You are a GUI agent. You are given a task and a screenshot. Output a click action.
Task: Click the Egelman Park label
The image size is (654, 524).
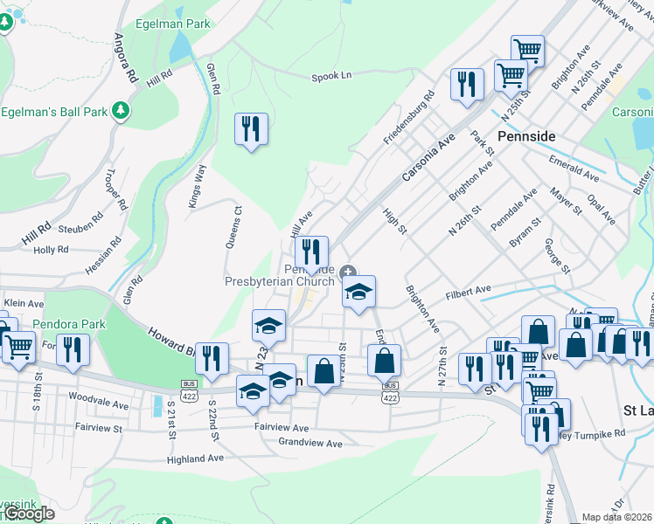point(172,24)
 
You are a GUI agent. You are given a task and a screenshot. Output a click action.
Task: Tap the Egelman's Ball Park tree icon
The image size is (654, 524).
point(123,112)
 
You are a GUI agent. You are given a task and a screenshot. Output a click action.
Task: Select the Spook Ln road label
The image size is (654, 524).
point(331,77)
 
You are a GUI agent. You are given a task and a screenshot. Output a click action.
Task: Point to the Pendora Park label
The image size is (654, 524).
point(69,324)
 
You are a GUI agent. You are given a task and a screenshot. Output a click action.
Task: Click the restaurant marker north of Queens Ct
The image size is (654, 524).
point(251,129)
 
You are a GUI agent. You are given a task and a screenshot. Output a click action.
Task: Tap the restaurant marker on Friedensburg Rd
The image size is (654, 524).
point(467,84)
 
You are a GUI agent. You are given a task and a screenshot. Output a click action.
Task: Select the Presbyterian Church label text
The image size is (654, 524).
point(279,281)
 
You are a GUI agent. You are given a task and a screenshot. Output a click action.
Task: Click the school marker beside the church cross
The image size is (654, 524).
point(358,293)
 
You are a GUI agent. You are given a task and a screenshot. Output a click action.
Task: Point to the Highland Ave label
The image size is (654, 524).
point(196,458)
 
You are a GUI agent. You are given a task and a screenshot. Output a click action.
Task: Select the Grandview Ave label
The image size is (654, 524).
point(310,444)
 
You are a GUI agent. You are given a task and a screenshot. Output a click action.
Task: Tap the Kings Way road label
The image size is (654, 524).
point(197,186)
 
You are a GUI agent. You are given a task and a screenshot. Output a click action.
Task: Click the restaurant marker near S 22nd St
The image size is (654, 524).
point(212,358)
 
